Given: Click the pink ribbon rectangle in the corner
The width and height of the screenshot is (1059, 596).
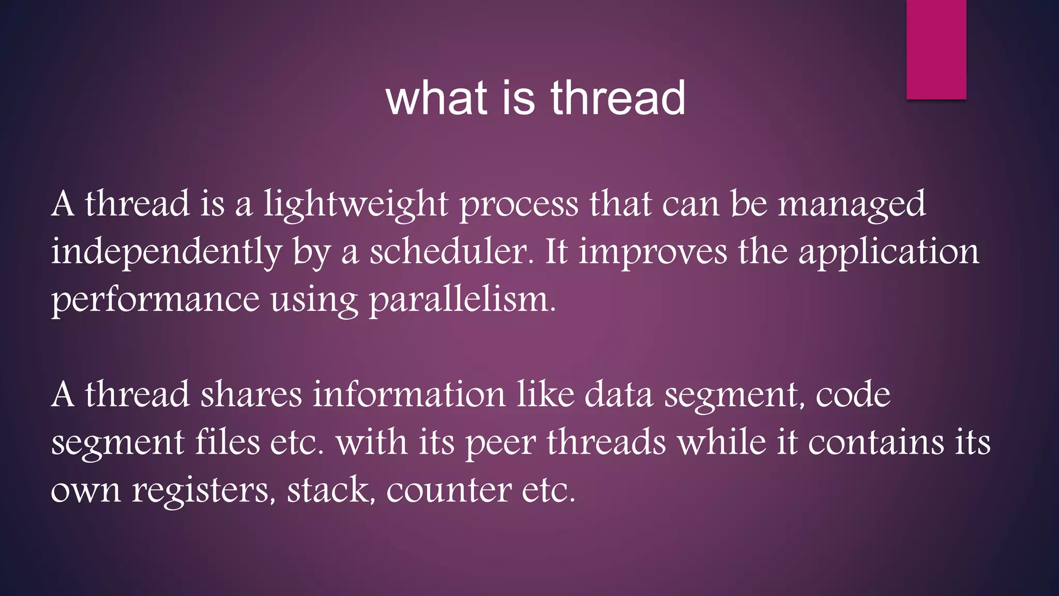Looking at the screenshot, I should pyautogui.click(x=936, y=49).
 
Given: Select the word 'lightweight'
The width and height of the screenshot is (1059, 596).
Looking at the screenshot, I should pyautogui.click(x=356, y=204).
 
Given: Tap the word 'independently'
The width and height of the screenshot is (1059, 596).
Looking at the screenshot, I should pyautogui.click(x=166, y=252).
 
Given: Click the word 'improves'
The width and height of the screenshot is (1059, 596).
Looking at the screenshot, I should pyautogui.click(x=653, y=252).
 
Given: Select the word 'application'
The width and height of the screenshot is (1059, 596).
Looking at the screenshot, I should pyautogui.click(x=888, y=252).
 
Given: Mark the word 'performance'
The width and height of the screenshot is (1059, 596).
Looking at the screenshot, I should pyautogui.click(x=155, y=300).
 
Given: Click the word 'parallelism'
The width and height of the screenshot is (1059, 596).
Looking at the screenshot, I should pyautogui.click(x=462, y=300).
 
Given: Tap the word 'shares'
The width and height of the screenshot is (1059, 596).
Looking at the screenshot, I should pyautogui.click(x=251, y=395).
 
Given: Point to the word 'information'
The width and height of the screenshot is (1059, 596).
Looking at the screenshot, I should pyautogui.click(x=409, y=395).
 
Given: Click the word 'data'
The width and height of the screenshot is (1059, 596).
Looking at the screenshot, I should pyautogui.click(x=618, y=395).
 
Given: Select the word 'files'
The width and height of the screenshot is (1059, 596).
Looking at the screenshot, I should pyautogui.click(x=227, y=443).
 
